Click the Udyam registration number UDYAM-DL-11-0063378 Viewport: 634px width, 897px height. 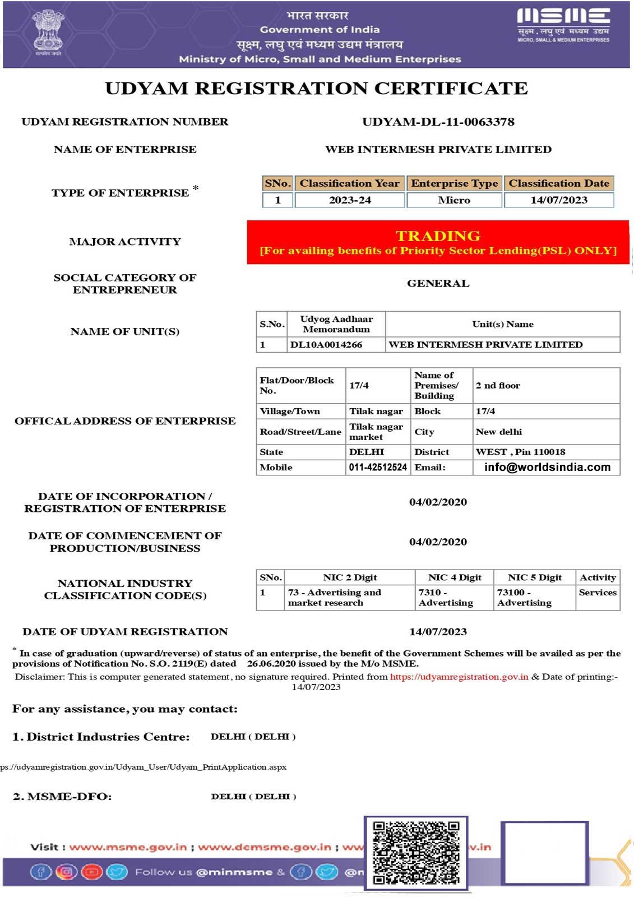[x=438, y=122]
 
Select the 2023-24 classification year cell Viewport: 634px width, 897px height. [x=350, y=200]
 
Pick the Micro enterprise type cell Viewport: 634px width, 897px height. [x=454, y=200]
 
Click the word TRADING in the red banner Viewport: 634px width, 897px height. [x=438, y=236]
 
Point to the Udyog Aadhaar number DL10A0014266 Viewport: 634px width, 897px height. [x=326, y=345]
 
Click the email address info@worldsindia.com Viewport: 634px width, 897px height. [x=547, y=467]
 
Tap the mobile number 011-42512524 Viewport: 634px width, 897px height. [x=378, y=467]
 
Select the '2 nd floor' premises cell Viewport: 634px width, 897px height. [x=498, y=385]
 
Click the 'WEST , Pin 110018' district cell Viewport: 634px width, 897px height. [x=520, y=452]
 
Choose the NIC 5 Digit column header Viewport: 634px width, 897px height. [x=534, y=577]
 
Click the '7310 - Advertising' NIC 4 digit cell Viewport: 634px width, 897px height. [x=446, y=598]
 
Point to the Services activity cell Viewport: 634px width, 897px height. [x=598, y=593]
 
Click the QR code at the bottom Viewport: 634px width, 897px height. [x=416, y=852]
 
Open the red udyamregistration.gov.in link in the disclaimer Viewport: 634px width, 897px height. [x=459, y=677]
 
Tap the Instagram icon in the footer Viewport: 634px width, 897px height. [x=66, y=872]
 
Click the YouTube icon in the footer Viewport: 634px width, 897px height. [x=91, y=872]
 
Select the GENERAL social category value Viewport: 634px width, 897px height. [x=438, y=284]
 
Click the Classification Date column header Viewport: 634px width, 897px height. [x=559, y=183]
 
